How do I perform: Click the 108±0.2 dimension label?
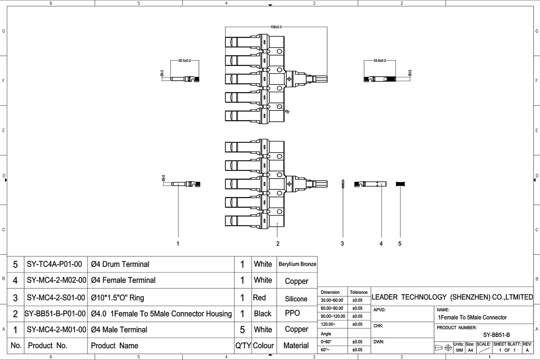coord(276,27)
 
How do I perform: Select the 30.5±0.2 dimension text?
coord(184,61)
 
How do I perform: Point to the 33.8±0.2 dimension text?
coord(379,61)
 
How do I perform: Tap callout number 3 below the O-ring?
coord(342,244)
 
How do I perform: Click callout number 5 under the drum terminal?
coord(400,244)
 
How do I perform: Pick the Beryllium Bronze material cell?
coord(297,264)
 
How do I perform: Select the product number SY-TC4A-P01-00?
coord(54,264)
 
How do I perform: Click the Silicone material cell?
coord(296,299)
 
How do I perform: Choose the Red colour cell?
coord(259,298)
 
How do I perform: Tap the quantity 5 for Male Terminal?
coord(242,330)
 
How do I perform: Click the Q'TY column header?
coord(243,346)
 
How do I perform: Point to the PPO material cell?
coord(292,313)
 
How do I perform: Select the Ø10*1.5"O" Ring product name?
coord(117,298)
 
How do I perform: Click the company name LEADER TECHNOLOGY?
coord(452,297)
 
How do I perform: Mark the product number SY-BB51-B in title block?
coord(496,335)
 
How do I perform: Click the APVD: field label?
coord(379,310)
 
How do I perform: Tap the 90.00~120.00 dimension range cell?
coord(333,316)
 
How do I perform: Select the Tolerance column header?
coord(359,292)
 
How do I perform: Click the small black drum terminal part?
coord(400,184)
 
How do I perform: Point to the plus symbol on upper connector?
coord(289,79)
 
